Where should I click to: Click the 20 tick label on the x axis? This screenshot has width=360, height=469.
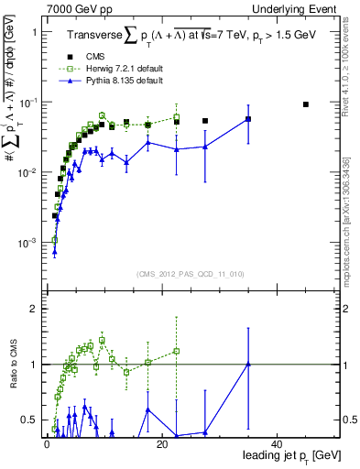(x=161, y=443)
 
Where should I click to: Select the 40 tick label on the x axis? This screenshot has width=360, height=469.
(x=277, y=443)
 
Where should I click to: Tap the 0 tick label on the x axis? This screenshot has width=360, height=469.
(x=46, y=443)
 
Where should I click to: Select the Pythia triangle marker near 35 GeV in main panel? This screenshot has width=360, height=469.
(x=248, y=119)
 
